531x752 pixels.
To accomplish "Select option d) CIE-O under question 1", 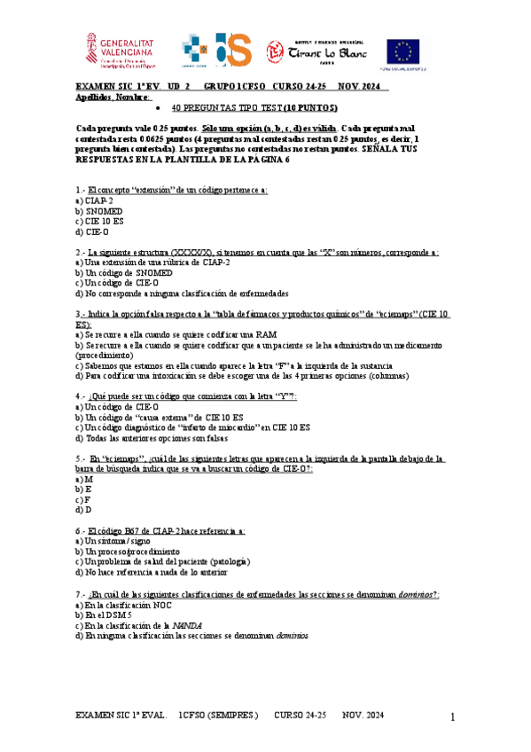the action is coord(93,231).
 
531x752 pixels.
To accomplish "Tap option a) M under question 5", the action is coord(84,478).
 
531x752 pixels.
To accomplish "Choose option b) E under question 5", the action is coord(84,489).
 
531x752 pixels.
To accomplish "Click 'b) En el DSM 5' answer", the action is coord(104,615).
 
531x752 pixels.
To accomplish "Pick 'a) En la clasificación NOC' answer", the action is coord(123,604).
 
